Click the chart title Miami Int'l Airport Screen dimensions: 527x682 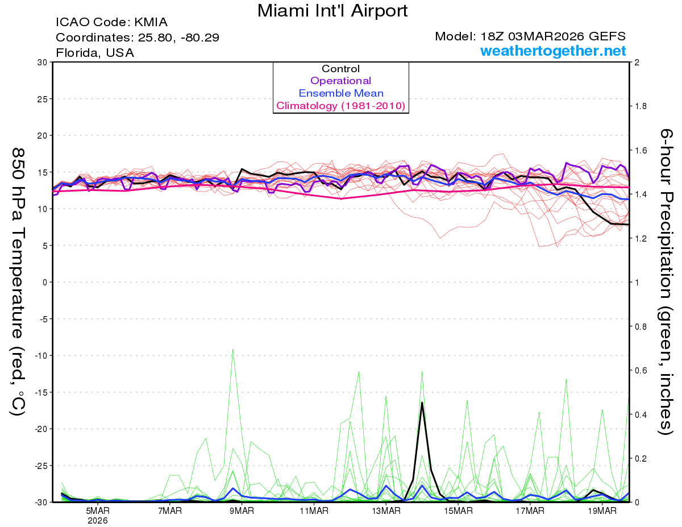(332, 11)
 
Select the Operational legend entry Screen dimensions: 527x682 (340, 81)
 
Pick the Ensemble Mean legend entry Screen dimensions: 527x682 (340, 93)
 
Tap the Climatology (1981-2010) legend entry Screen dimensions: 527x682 (340, 106)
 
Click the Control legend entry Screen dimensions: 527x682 (340, 69)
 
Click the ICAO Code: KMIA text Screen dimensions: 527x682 (112, 23)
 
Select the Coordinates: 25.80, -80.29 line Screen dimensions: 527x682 (138, 38)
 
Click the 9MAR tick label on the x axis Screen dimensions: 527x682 (242, 511)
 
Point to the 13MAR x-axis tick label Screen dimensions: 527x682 (386, 511)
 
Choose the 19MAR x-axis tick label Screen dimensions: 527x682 (602, 511)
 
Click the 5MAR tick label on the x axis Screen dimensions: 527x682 (98, 511)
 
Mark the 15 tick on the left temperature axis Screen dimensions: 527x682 (41, 172)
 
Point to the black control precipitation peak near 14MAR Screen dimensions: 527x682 (422, 402)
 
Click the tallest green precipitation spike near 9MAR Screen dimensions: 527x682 (233, 349)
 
